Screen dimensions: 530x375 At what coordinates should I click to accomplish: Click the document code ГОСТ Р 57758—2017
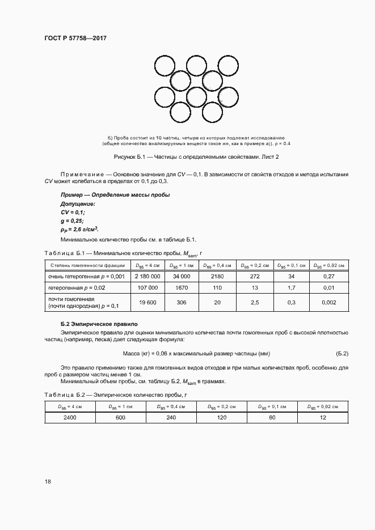tap(75, 39)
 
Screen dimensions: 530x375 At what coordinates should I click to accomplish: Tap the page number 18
tap(48, 481)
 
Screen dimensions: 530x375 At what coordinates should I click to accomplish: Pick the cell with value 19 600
tap(148, 302)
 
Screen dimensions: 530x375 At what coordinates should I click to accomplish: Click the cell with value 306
tap(182, 302)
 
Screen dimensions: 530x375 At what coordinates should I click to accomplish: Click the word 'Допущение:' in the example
tap(78, 203)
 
